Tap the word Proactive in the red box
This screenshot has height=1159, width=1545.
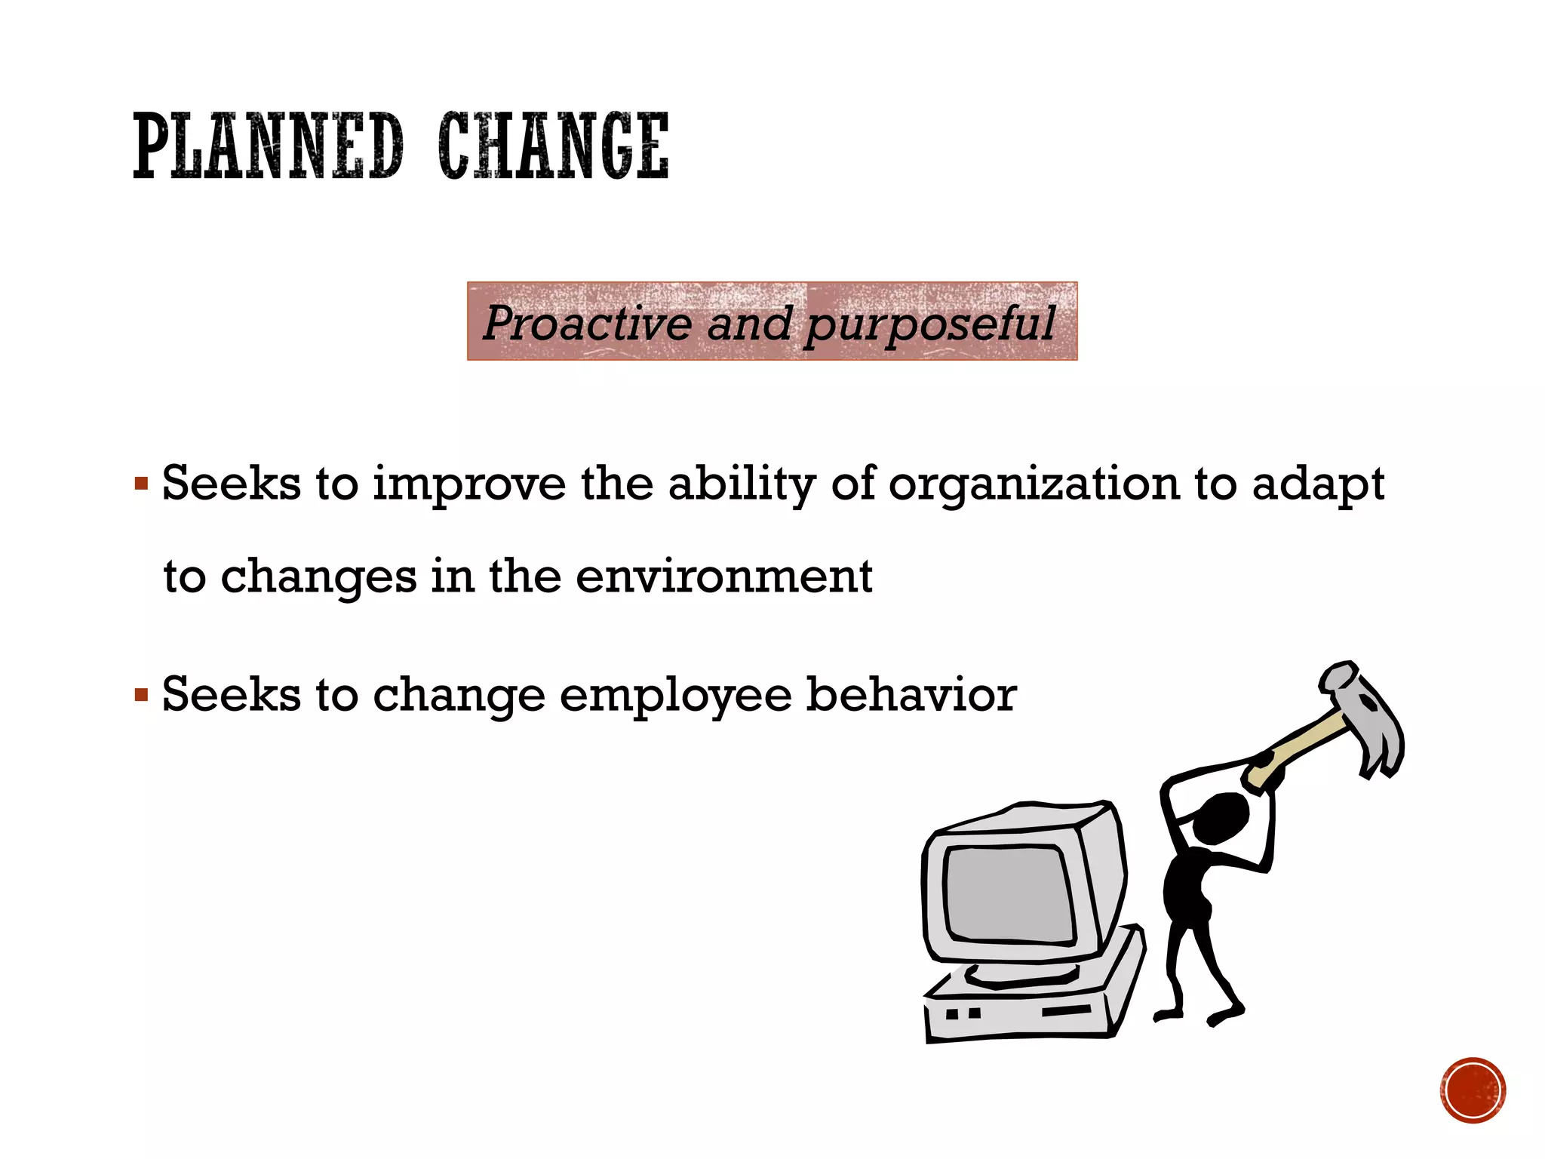(x=587, y=323)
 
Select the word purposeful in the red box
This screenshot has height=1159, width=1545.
(x=930, y=324)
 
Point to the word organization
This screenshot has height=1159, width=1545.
(x=1034, y=484)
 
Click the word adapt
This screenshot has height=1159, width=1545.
(x=1318, y=484)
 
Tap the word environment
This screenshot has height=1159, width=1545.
(x=723, y=576)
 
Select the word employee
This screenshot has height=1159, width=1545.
(x=675, y=695)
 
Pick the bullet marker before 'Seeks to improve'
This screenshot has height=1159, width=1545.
(x=141, y=483)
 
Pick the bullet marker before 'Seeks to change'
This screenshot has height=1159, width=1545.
(x=141, y=693)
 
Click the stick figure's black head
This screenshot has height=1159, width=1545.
(x=1221, y=819)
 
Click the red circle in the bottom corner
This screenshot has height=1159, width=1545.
(x=1473, y=1090)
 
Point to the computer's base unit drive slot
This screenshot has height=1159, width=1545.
(x=1066, y=1010)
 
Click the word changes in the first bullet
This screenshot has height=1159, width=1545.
(x=318, y=578)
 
